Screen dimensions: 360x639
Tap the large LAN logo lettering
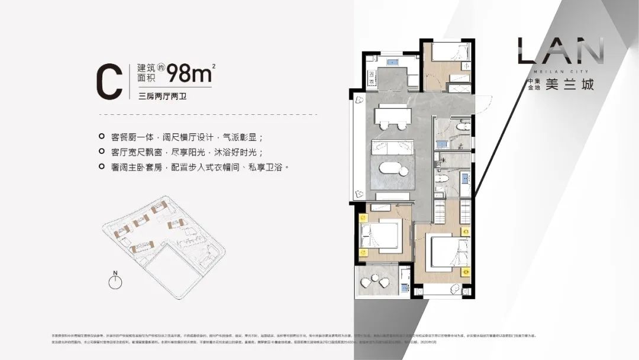coord(560,52)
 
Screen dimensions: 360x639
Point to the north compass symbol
coord(116,282)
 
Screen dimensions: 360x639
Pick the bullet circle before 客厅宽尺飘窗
coord(102,151)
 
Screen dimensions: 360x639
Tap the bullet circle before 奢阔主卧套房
coord(102,168)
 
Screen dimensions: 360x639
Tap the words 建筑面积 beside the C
coord(148,73)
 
